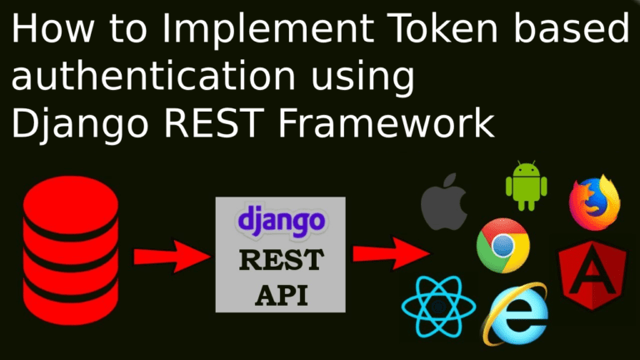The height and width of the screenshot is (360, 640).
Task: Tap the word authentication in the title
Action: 153,75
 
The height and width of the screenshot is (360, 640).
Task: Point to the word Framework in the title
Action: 386,122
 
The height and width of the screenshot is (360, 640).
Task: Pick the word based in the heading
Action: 571,27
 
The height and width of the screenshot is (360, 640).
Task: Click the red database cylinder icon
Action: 71,250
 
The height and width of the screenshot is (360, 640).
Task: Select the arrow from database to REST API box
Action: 172,257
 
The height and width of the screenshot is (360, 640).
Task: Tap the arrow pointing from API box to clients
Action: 391,253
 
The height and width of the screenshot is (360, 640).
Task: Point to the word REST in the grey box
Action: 282,260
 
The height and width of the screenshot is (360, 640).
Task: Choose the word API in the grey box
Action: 282,295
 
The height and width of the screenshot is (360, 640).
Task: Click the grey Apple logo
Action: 443,202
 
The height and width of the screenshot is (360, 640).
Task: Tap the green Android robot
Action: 526,186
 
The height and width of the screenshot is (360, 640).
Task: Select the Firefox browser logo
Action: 594,202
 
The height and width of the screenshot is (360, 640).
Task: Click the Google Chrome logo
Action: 502,246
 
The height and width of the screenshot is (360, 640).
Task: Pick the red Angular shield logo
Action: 592,275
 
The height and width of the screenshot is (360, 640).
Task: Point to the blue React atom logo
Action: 438,307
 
